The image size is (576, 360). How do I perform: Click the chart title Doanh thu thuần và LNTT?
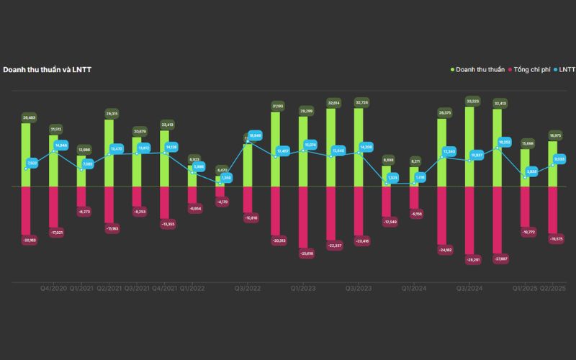(47, 70)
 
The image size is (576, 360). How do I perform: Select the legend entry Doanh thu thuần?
(480, 70)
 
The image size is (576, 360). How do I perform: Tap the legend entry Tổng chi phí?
(534, 70)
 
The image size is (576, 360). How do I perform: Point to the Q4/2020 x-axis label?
(54, 288)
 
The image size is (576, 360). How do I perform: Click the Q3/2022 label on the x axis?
(248, 288)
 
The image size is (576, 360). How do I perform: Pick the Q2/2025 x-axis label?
(553, 288)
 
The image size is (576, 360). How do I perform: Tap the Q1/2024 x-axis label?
(415, 288)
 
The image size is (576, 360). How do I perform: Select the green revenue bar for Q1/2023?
(304, 151)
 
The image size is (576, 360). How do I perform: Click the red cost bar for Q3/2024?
(470, 219)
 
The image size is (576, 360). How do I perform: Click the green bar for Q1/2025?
(525, 167)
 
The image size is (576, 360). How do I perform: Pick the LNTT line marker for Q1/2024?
(415, 183)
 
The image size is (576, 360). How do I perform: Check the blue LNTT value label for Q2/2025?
(560, 159)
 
